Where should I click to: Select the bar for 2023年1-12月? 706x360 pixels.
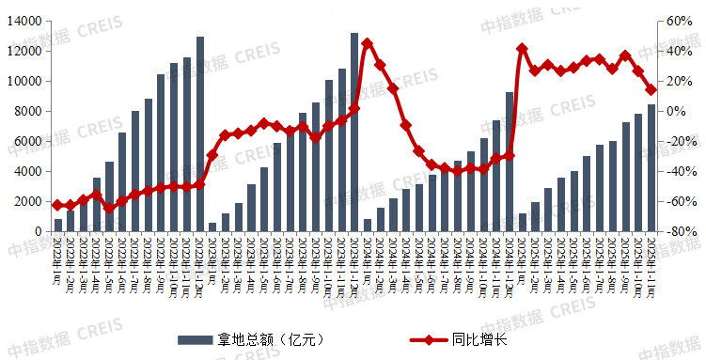[x=354, y=133]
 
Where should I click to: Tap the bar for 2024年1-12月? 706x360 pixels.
[x=510, y=162]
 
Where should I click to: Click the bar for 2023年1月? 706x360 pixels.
[x=212, y=227]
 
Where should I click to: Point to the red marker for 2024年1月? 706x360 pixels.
[x=368, y=43]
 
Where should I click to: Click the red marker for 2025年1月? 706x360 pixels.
[x=522, y=49]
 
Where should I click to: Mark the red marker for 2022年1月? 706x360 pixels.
[x=58, y=205]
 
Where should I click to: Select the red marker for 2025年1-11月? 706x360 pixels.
[x=651, y=89]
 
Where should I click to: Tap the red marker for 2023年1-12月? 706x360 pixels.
[x=354, y=109]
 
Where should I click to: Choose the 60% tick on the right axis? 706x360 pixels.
[x=680, y=21]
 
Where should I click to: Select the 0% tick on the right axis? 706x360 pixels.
[x=677, y=111]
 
